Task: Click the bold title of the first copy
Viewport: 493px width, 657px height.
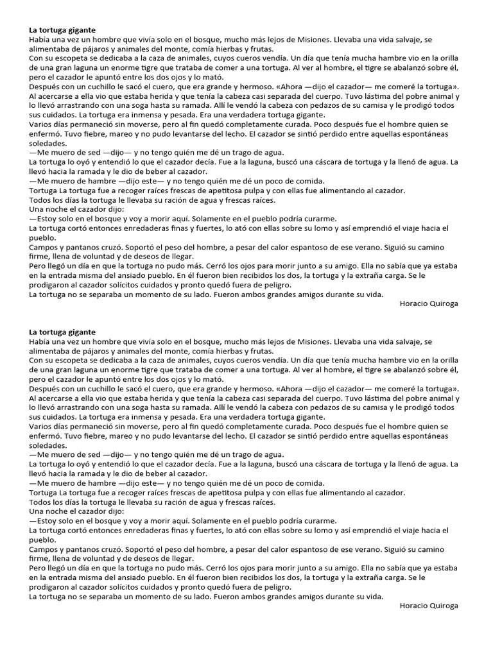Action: point(62,30)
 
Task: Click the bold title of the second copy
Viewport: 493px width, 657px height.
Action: point(62,332)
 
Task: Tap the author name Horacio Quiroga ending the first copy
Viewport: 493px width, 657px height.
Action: point(429,303)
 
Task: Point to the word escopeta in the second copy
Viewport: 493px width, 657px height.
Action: point(77,361)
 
